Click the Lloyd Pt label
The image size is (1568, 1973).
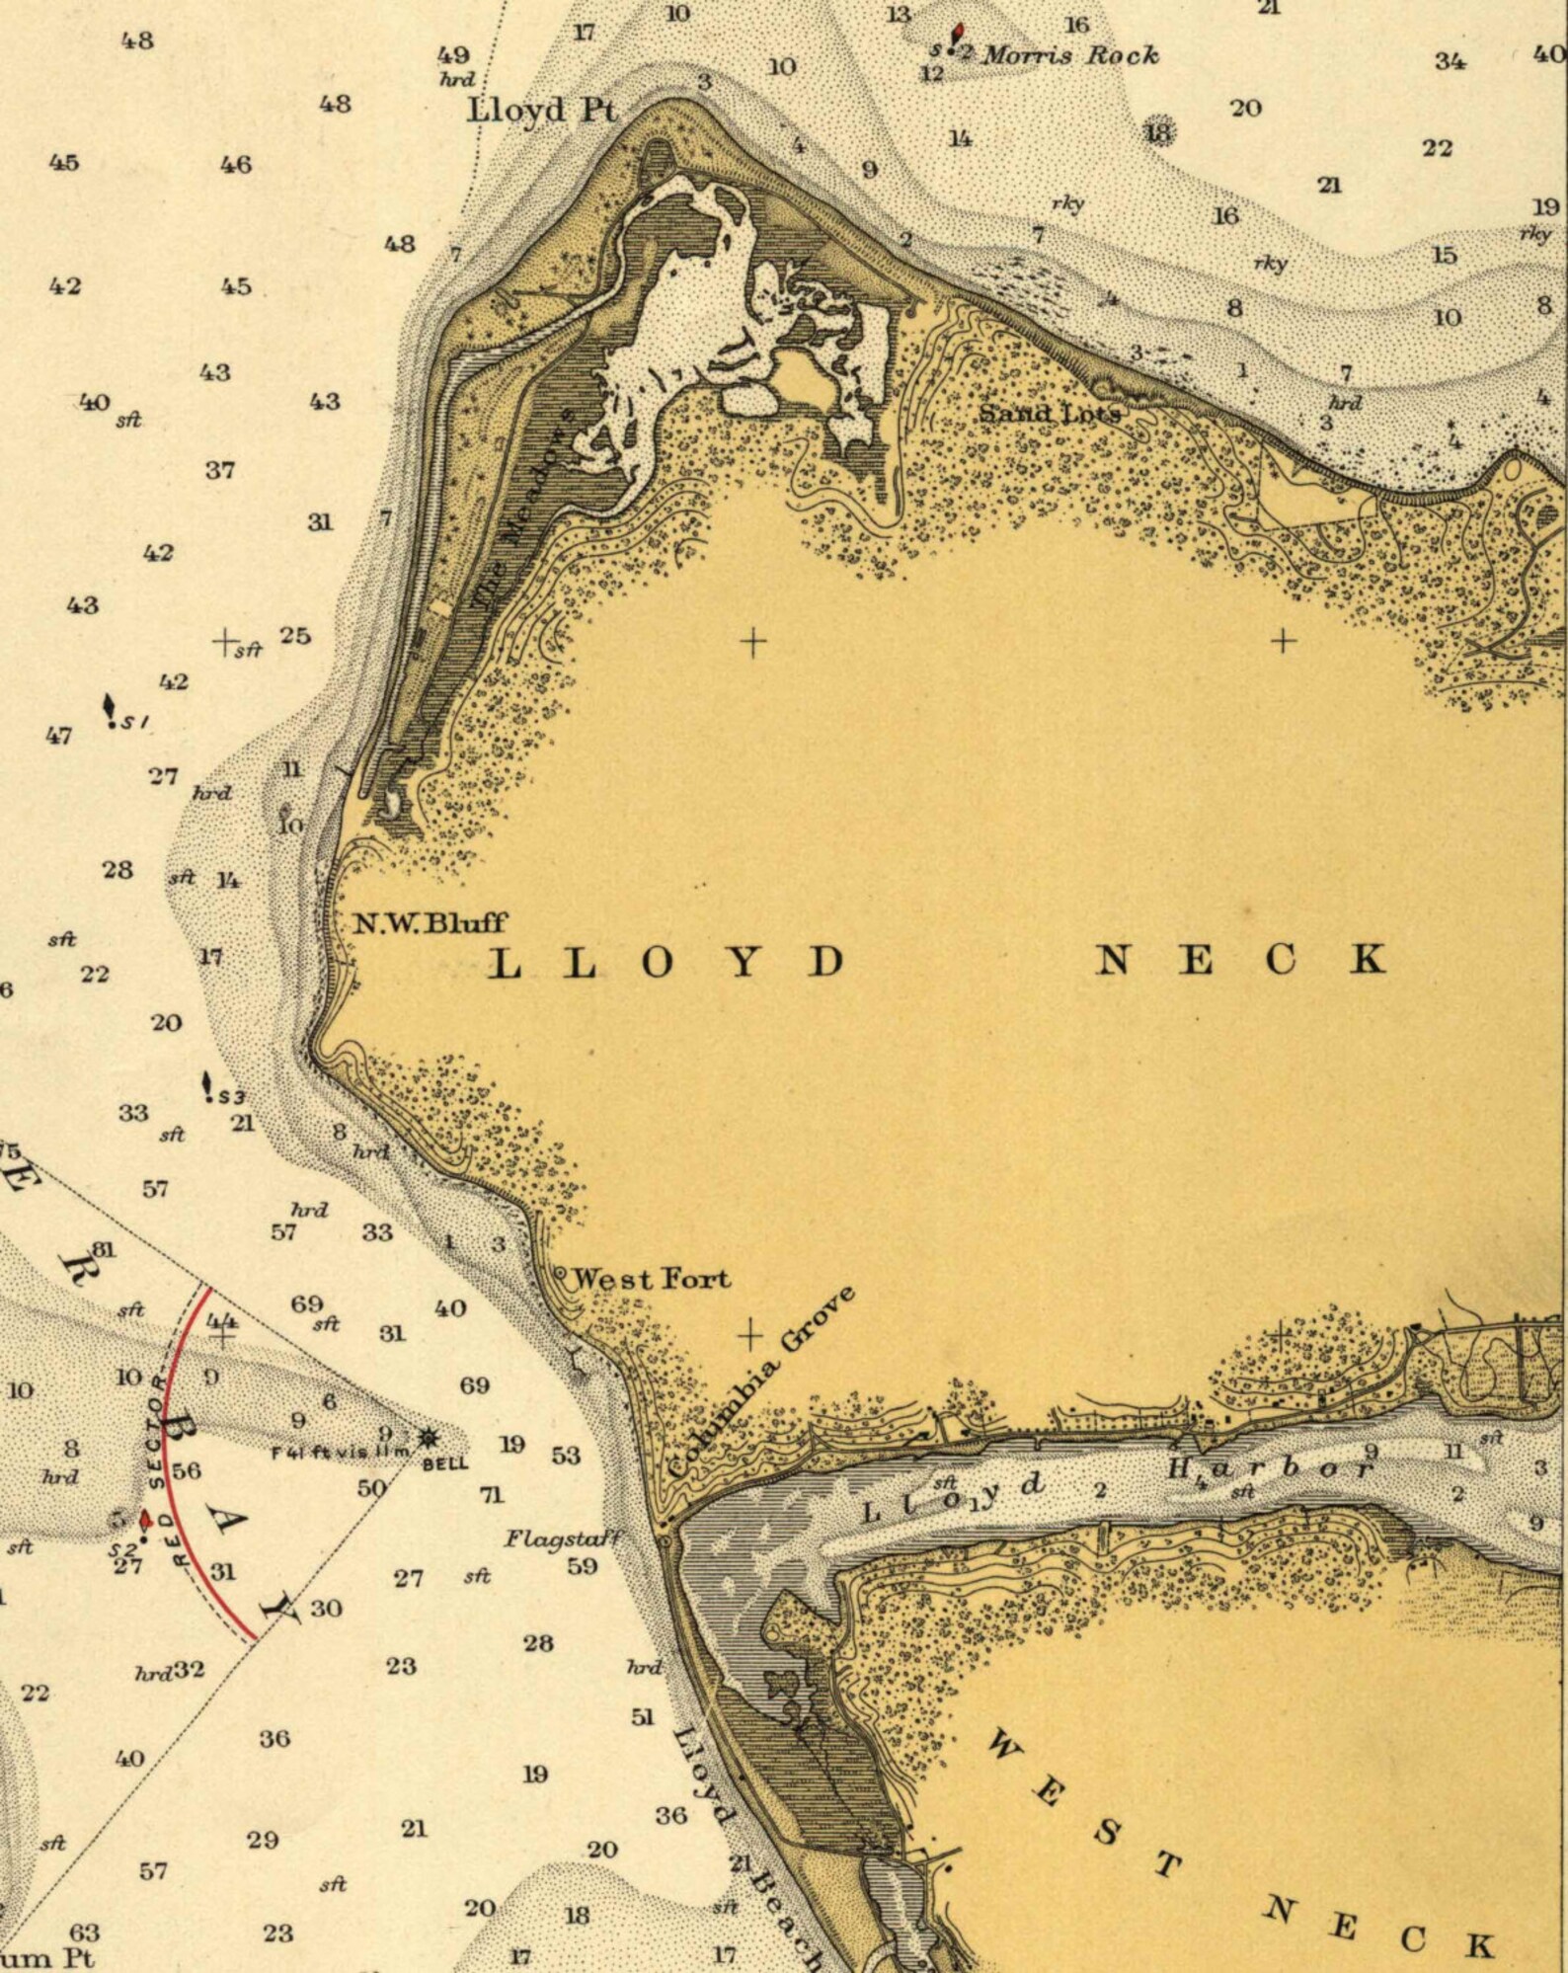tap(542, 110)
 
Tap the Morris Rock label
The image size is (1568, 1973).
tap(1070, 55)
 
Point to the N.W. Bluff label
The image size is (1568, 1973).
tap(430, 923)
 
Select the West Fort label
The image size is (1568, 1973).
tap(652, 1279)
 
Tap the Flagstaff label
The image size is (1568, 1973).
tap(562, 1538)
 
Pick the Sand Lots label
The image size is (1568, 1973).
tap(1050, 413)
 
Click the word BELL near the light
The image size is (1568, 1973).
tap(445, 1463)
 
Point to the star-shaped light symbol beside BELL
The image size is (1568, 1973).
tap(429, 1437)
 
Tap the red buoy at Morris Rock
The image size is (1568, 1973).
tap(956, 37)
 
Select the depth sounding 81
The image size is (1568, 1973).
tap(103, 1249)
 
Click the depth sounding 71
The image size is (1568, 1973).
tap(492, 1495)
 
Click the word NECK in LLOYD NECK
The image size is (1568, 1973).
tap(1240, 960)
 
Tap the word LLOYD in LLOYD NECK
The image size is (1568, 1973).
tap(667, 962)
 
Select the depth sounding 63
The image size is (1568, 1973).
tap(85, 1932)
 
